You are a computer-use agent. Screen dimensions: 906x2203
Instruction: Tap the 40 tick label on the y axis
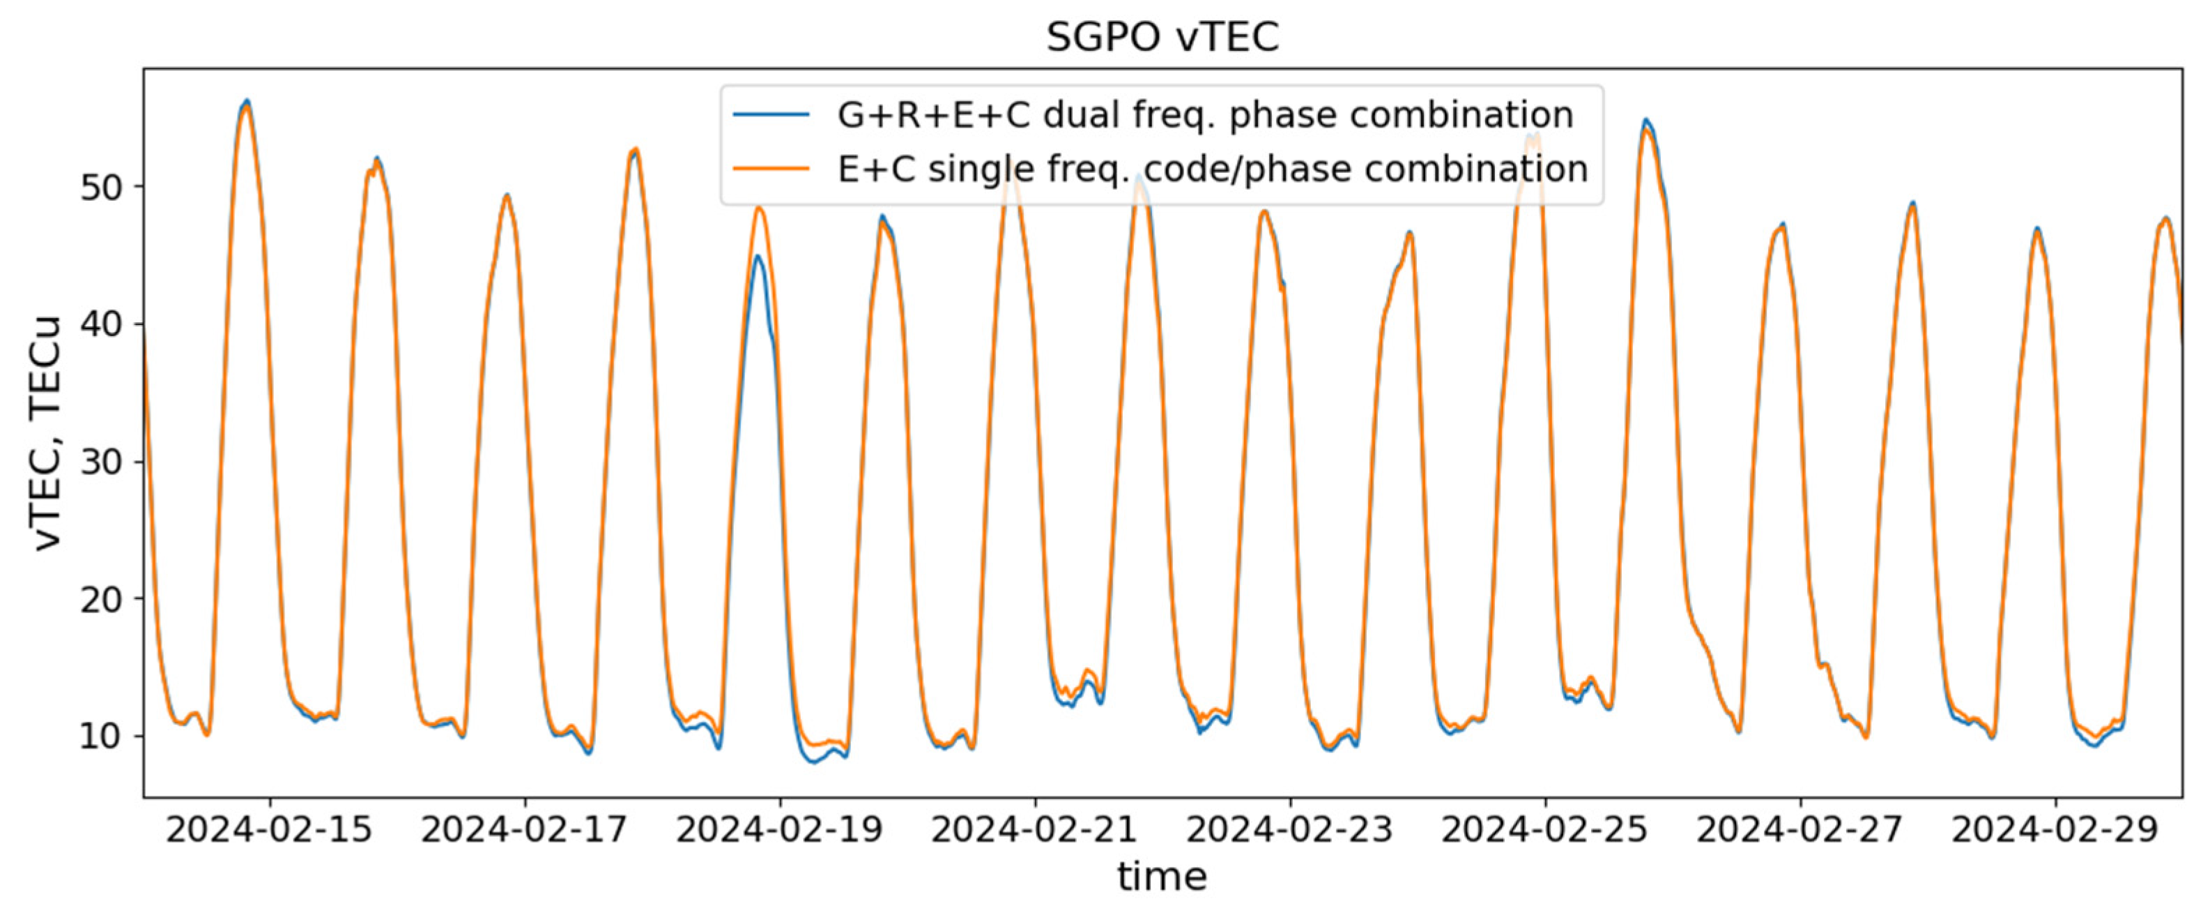[102, 324]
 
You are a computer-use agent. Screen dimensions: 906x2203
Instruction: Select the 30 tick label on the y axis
[102, 461]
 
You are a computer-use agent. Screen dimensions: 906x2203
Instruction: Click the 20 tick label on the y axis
[102, 599]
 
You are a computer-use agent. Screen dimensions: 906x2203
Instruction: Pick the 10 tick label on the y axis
[102, 736]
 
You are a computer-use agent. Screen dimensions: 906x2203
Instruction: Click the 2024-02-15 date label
[270, 830]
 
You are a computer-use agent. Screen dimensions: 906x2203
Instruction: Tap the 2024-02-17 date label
[524, 830]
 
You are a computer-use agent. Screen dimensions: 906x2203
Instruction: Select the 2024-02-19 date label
[779, 830]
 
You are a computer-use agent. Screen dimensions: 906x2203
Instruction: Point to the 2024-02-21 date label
[1035, 830]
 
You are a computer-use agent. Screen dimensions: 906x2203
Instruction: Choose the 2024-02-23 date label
[1289, 830]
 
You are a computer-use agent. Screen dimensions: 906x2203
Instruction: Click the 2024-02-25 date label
[1544, 830]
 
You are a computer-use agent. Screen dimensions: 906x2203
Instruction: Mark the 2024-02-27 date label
[1800, 830]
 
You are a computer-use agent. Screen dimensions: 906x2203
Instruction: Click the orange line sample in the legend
[771, 169]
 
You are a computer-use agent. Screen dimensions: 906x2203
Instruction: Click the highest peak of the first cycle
[246, 101]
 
